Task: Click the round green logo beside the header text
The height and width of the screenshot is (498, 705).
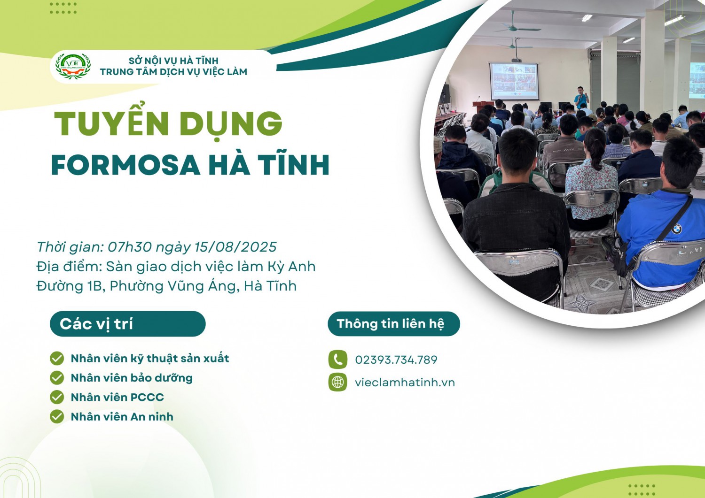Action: coord(73,66)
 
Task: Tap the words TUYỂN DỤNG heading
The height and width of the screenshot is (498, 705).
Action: coord(168,123)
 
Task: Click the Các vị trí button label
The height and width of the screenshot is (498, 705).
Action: coord(96,324)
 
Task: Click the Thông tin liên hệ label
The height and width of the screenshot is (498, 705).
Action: coord(390,324)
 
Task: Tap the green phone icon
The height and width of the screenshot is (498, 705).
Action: coord(337,360)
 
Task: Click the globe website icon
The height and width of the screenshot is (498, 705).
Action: coord(337,382)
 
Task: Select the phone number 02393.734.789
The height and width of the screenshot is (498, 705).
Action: coord(396,360)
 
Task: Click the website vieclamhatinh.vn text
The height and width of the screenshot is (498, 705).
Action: coord(405,383)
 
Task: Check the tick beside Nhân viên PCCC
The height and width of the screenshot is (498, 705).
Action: coord(57,397)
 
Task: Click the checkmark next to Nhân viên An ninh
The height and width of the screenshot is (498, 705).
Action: coord(57,416)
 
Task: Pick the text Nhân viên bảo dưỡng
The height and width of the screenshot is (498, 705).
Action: coord(132,378)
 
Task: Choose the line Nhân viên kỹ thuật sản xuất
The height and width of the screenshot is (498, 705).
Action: coord(149,359)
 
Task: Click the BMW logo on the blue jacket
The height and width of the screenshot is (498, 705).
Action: coord(677,229)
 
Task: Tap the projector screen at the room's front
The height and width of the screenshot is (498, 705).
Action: coord(514,81)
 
